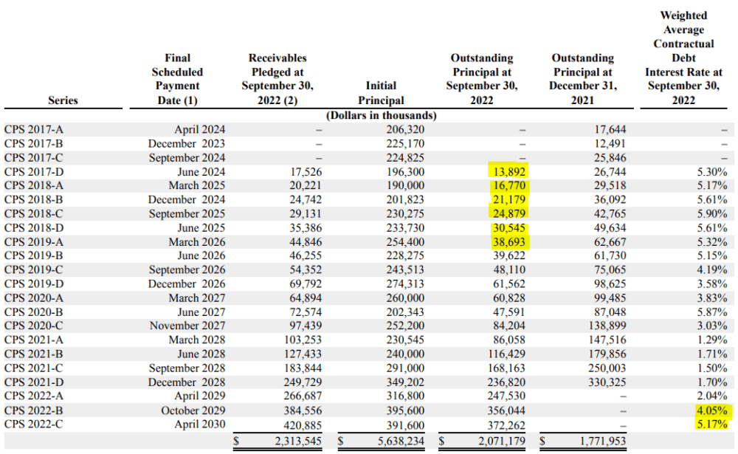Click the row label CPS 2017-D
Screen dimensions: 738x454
pos(34,172)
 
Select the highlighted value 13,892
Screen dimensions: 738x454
pos(508,172)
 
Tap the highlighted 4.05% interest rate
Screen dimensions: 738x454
pos(712,410)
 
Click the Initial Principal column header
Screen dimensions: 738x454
pos(381,93)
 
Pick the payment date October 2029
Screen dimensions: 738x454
pos(193,410)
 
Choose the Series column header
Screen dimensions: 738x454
pos(63,100)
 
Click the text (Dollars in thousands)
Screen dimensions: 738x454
pos(382,115)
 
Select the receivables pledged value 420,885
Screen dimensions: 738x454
pos(303,424)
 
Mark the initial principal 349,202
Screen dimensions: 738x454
pos(405,382)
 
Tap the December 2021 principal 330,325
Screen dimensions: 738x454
pos(607,382)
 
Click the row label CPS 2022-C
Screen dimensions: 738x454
pos(33,424)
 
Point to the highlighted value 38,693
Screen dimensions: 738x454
pos(508,242)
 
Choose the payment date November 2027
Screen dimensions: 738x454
pos(187,326)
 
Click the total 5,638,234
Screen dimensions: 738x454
pos(401,441)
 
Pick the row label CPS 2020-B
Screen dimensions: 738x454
pos(33,312)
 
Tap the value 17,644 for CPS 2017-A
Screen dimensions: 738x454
pos(610,129)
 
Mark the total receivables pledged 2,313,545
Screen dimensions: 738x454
pos(298,441)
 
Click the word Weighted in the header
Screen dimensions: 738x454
pos(683,16)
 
